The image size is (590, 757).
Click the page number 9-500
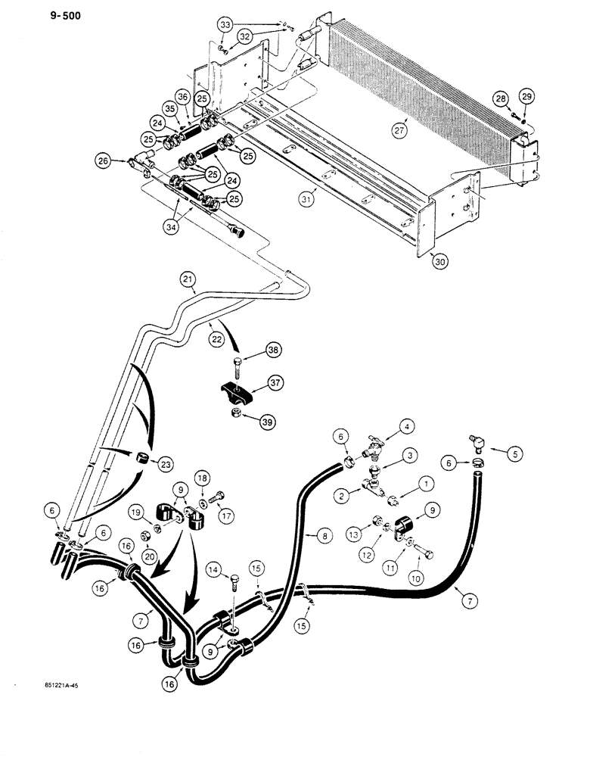[x=31, y=12]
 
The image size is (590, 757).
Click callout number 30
[x=440, y=261]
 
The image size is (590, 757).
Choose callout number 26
[x=103, y=160]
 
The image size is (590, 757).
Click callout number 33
[x=225, y=25]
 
